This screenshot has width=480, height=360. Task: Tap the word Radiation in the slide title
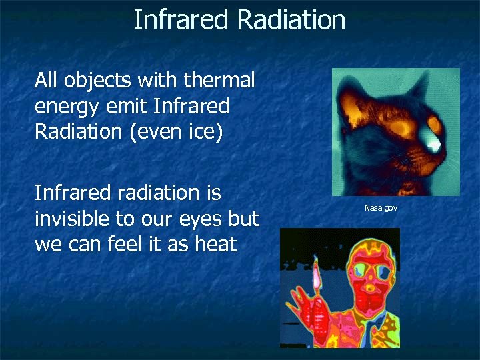click(291, 20)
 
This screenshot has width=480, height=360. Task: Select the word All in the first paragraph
click(47, 81)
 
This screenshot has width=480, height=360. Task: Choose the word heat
click(215, 244)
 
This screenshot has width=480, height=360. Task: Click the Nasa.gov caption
click(381, 209)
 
